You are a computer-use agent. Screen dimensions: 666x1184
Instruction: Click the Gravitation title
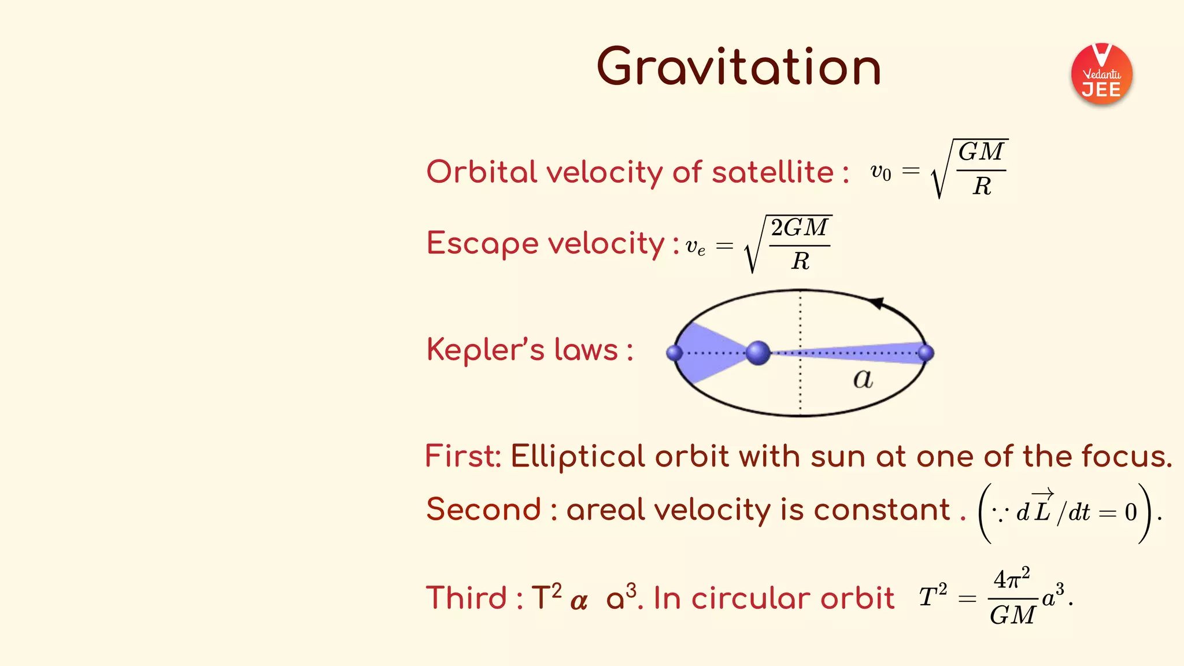[x=738, y=67]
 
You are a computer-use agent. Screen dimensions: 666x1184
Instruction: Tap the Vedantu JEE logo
[x=1101, y=74]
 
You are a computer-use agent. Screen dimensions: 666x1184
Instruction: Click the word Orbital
[x=482, y=172]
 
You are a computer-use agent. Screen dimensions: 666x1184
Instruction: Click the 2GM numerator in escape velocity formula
[x=800, y=228]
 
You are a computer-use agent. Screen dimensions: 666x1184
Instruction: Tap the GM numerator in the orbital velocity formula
[x=981, y=152]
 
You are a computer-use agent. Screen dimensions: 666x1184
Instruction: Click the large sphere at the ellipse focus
[x=758, y=353]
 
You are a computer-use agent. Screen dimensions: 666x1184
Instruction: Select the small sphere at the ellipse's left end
[x=674, y=353]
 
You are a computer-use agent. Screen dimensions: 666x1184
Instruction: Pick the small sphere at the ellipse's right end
[x=926, y=353]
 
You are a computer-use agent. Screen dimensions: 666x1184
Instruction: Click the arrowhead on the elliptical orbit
[x=877, y=303]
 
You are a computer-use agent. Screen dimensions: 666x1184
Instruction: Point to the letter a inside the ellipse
[x=863, y=379]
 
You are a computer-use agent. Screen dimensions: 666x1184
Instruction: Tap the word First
[x=462, y=456]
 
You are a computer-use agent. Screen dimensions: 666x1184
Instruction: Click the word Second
[x=483, y=509]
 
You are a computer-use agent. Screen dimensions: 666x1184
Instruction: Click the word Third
[x=466, y=598]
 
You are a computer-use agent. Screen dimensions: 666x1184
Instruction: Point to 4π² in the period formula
[x=1011, y=579]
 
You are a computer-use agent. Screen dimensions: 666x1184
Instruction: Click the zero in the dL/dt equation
[x=1131, y=512]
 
